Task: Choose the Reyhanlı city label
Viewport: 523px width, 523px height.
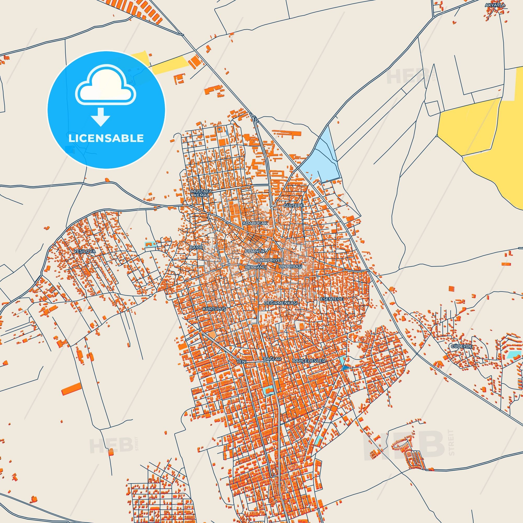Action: coord(256,267)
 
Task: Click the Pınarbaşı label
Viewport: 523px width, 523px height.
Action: coord(290,267)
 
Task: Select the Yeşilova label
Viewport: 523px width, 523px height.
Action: coord(85,252)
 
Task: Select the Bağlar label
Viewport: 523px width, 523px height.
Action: coord(272,359)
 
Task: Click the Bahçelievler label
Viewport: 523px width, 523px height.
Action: coord(309,361)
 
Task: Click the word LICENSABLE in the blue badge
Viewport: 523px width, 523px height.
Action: coord(106,138)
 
